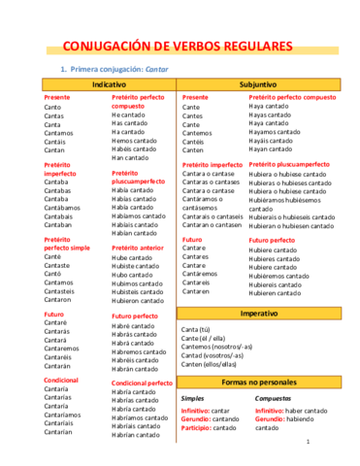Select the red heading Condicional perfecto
click(142, 383)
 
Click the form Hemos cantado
click(133, 140)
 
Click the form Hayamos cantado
click(276, 132)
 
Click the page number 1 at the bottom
click(307, 442)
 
